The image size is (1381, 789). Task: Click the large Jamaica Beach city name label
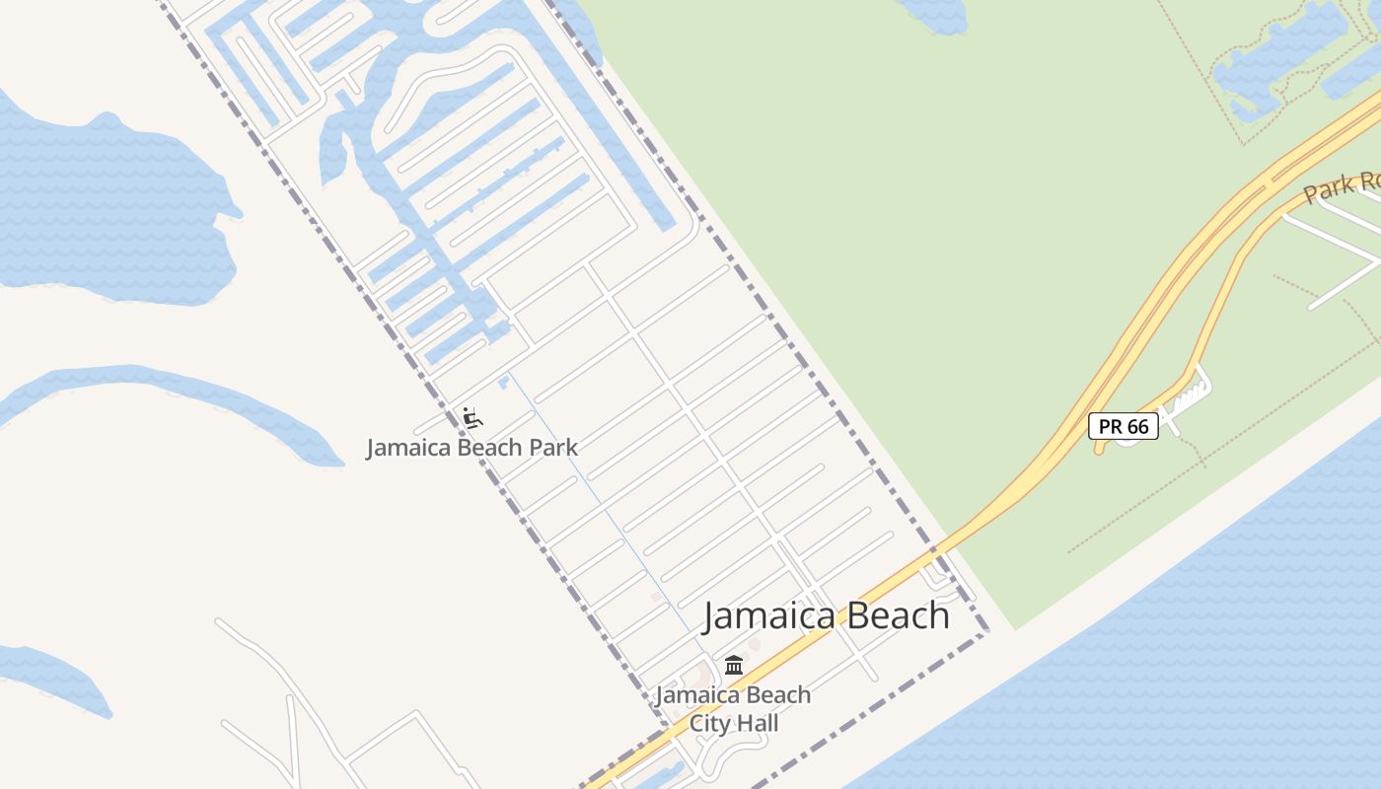tap(826, 615)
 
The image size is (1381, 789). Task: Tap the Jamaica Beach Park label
tap(472, 448)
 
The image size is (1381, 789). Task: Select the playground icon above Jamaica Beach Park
tap(472, 418)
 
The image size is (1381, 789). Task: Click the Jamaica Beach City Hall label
tap(734, 709)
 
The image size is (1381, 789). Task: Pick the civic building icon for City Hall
tap(734, 666)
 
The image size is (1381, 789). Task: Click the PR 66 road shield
tap(1124, 426)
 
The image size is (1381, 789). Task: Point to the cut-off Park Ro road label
tap(1342, 185)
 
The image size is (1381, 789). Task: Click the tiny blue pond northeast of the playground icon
tap(504, 382)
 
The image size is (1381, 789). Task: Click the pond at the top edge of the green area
tap(932, 14)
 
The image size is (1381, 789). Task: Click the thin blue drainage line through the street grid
tap(602, 503)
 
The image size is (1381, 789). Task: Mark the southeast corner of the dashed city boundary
tap(985, 633)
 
